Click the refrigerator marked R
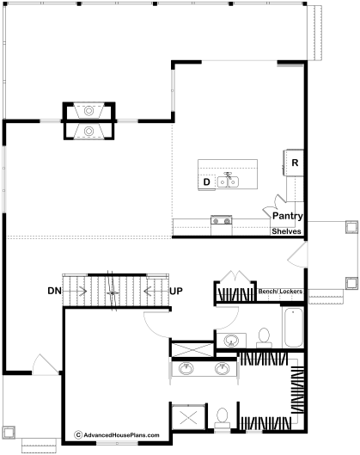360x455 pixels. [x=294, y=163]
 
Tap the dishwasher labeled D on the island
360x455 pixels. [x=207, y=182]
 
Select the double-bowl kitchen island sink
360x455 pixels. [x=228, y=182]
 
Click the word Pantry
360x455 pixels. [x=288, y=216]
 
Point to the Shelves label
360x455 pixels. [x=286, y=231]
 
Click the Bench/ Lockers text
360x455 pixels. [x=280, y=291]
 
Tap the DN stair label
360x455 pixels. [x=54, y=291]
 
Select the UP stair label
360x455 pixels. [x=176, y=291]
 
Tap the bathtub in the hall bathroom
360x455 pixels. [x=293, y=327]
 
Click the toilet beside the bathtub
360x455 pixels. [x=264, y=338]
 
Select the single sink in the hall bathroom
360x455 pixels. [x=231, y=340]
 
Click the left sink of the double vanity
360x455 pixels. [x=186, y=368]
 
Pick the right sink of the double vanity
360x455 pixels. [x=223, y=368]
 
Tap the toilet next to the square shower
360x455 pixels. [x=223, y=418]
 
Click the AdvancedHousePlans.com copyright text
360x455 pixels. [x=117, y=435]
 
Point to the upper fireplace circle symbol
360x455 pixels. [x=88, y=111]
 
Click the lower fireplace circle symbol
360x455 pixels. [x=88, y=131]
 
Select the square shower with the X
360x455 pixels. [x=188, y=418]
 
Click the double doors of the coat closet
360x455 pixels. [x=235, y=276]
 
